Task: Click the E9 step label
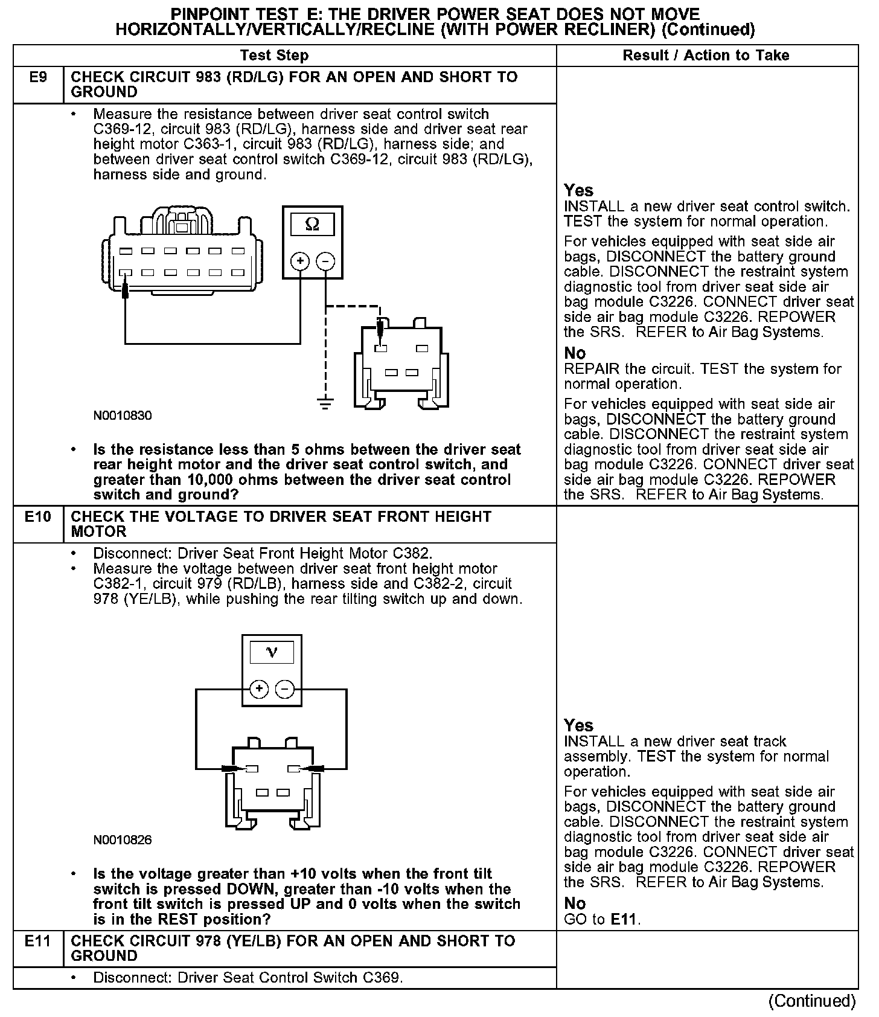[38, 78]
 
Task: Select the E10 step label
[38, 517]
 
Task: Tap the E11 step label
[38, 941]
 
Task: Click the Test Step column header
[274, 56]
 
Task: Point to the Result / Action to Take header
[706, 56]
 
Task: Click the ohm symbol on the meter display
[312, 225]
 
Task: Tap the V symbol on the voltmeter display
[272, 652]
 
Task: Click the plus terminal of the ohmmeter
[300, 261]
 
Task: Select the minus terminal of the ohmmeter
[325, 261]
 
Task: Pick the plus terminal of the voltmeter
[259, 689]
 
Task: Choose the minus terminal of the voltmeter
[285, 689]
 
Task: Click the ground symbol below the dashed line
[325, 403]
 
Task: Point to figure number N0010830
[123, 415]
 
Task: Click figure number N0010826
[123, 840]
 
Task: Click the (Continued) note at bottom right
[812, 1001]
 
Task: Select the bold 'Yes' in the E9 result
[578, 191]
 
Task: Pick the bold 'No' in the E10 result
[575, 903]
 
